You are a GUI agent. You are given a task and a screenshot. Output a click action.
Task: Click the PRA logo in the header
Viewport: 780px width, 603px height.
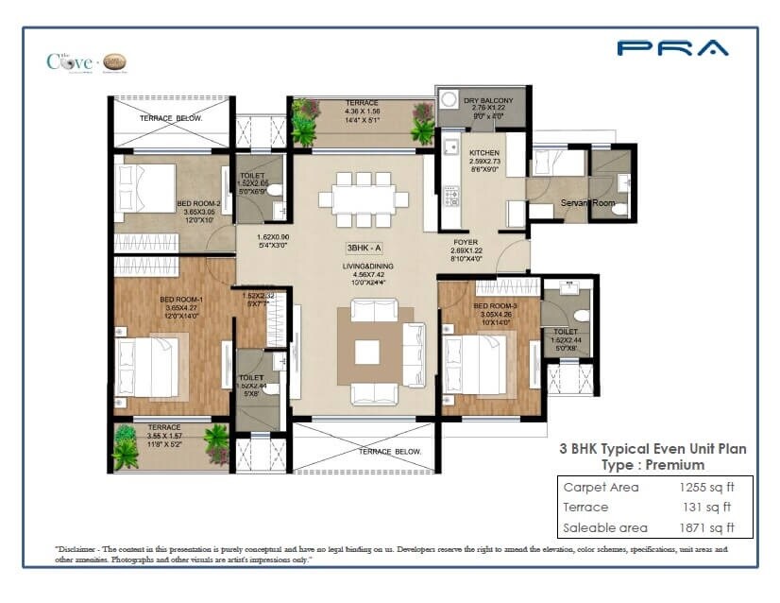[x=672, y=48]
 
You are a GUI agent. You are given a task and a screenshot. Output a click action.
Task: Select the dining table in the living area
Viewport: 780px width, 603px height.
[x=363, y=199]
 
